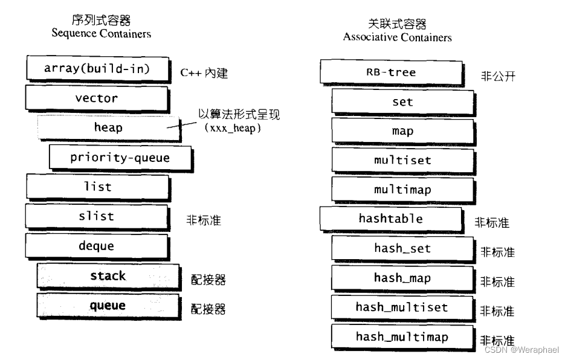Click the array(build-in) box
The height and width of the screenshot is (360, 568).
pos(97,68)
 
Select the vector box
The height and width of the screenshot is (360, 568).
pos(97,98)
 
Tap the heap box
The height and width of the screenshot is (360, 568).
pos(109,127)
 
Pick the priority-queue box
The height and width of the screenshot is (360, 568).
pos(120,158)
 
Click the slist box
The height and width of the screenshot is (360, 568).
pos(97,216)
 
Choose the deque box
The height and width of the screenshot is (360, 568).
pos(97,246)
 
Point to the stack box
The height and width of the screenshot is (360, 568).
pos(108,276)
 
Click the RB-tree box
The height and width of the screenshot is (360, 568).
pos(391,72)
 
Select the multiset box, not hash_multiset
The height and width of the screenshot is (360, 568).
pos(402,160)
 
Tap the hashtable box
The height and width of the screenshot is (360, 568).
pos(391,219)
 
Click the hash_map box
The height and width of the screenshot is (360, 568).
pos(402,278)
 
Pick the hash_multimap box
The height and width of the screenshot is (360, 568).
pos(402,336)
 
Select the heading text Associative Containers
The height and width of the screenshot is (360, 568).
pos(397,37)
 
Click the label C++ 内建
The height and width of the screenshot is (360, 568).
pos(205,73)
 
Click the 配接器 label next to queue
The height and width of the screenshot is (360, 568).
pos(208,309)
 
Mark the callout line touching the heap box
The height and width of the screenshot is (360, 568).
pos(182,124)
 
